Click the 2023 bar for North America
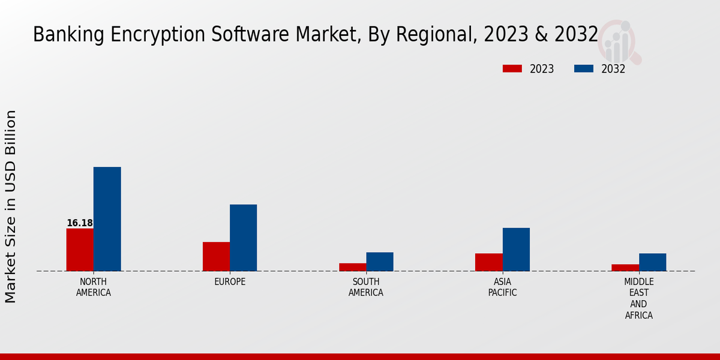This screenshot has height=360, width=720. [x=80, y=250]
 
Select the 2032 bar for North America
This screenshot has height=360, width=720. [x=107, y=219]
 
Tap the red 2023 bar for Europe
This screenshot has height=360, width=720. [x=216, y=256]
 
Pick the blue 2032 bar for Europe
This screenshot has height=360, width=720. [x=243, y=238]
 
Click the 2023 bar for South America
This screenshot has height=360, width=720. [x=352, y=267]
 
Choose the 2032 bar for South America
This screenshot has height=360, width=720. [x=380, y=262]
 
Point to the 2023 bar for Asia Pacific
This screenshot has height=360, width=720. [x=488, y=262]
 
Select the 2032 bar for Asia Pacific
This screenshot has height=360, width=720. [x=516, y=249]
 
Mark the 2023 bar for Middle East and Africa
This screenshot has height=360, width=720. [x=625, y=268]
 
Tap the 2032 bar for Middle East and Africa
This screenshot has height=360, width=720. [x=652, y=262]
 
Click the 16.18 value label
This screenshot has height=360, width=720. [x=80, y=223]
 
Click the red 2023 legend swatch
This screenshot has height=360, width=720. [x=512, y=69]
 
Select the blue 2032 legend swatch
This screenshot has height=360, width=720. [x=583, y=69]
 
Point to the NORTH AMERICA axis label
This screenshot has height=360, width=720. [x=94, y=287]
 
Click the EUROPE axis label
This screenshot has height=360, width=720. [x=230, y=282]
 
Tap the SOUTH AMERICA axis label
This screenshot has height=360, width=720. [x=366, y=287]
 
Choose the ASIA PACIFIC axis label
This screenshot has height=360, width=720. [x=502, y=287]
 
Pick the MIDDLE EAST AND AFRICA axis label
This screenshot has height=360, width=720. [x=639, y=299]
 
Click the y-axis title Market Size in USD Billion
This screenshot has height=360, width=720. [x=11, y=206]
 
